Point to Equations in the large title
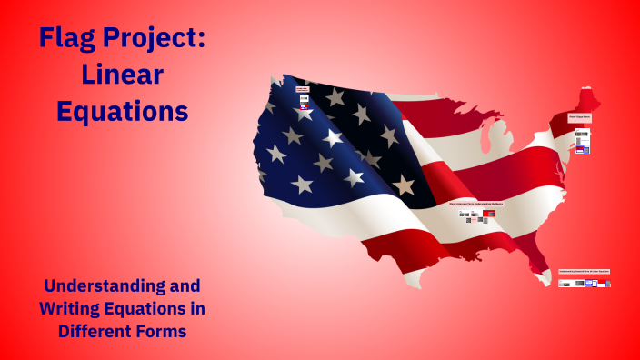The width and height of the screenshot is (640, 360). (x=122, y=111)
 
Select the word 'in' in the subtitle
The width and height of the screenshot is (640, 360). (x=196, y=308)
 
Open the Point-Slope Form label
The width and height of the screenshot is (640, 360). (x=580, y=117)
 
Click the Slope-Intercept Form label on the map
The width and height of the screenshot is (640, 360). (x=475, y=205)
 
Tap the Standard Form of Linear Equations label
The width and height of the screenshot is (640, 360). (x=584, y=271)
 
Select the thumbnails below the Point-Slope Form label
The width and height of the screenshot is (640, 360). (x=581, y=140)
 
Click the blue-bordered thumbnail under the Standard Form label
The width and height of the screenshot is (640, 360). (x=590, y=283)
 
